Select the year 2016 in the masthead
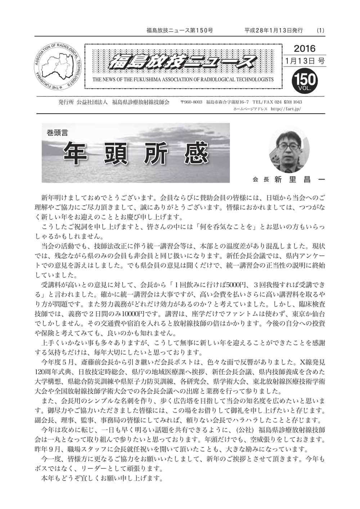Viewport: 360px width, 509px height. [305, 49]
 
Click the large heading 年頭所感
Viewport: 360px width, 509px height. [136, 154]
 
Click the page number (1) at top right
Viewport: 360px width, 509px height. [320, 31]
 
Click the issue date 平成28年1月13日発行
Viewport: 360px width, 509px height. [274, 31]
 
